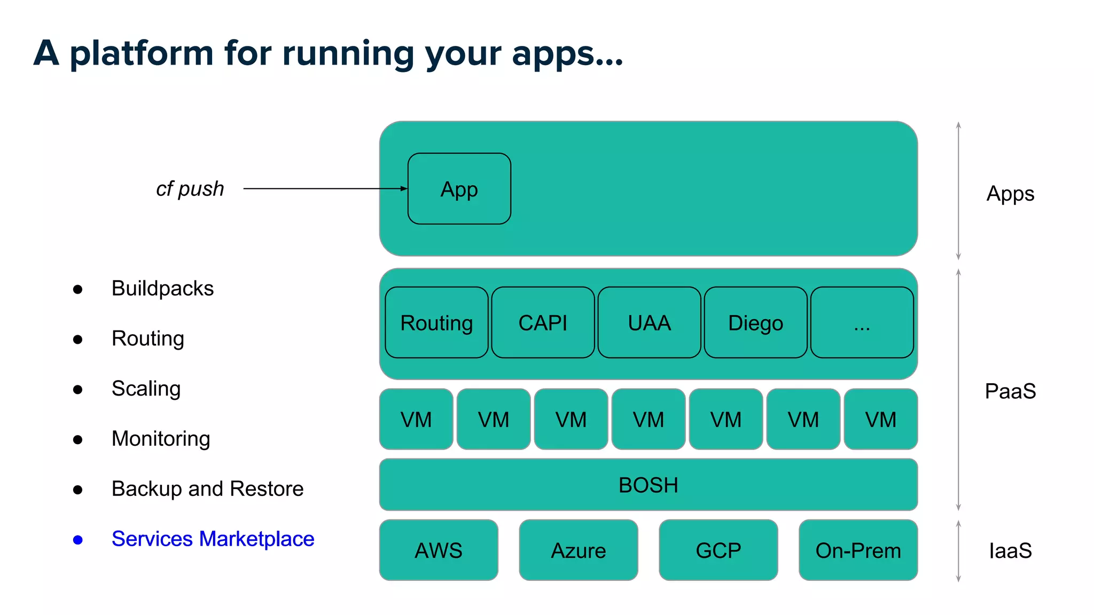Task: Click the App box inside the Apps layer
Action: click(x=459, y=189)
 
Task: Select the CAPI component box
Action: click(x=543, y=322)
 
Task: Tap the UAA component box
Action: click(x=649, y=322)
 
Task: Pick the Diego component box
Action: click(x=755, y=322)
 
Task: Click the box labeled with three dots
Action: click(x=862, y=322)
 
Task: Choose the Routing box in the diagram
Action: click(x=436, y=322)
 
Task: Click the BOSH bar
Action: click(x=648, y=485)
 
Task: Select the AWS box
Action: click(x=439, y=550)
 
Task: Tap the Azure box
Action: click(x=579, y=550)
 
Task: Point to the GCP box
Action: click(x=718, y=550)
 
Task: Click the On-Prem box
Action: click(x=858, y=550)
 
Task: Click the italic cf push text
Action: click(x=190, y=189)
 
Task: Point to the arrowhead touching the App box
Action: click(x=404, y=188)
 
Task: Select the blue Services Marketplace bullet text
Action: click(x=213, y=539)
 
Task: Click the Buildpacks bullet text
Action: click(x=162, y=288)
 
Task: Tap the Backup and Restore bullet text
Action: click(x=207, y=488)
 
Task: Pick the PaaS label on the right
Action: click(x=1010, y=391)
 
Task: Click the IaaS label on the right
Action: click(x=1010, y=550)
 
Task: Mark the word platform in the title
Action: click(x=142, y=53)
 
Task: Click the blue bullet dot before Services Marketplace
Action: click(x=78, y=540)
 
